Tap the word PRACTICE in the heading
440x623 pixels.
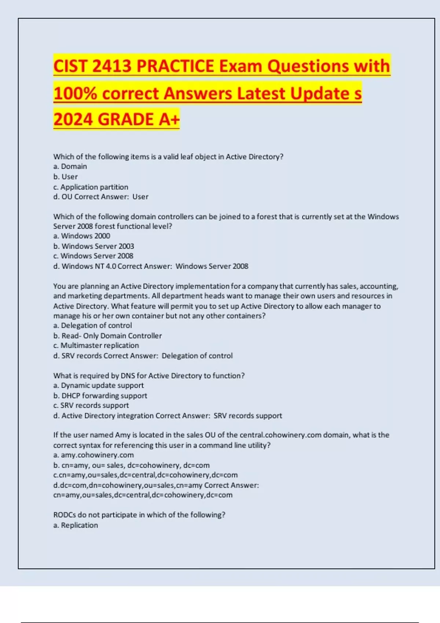coord(175,66)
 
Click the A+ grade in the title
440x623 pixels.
coord(169,119)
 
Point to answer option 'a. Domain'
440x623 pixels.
coord(70,166)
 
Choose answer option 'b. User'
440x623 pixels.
coord(65,177)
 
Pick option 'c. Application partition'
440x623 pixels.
coord(91,187)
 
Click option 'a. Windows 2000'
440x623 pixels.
coord(81,236)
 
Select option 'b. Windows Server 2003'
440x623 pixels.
coord(93,246)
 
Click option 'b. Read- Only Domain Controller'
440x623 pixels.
coord(107,336)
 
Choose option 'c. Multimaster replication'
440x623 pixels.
coord(96,346)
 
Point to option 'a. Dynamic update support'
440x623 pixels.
coord(98,386)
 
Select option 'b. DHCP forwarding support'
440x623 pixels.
coord(100,396)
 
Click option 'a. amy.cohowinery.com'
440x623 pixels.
coord(93,455)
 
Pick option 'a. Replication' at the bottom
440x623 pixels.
coord(76,525)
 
